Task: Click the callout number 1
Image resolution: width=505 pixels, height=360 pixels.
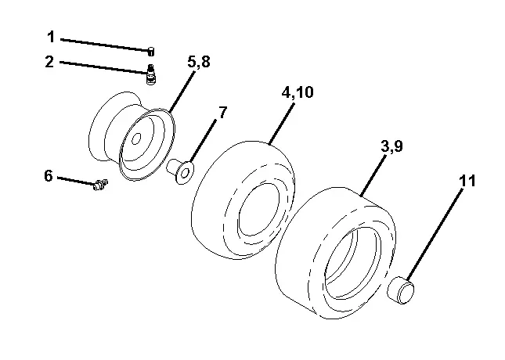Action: [51, 37]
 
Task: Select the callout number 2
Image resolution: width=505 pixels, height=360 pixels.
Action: [49, 61]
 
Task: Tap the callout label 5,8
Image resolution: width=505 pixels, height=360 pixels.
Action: [199, 62]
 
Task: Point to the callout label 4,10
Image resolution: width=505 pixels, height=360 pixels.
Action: [298, 92]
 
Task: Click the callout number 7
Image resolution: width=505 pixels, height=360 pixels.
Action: [222, 113]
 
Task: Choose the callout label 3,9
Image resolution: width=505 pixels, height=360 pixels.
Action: [391, 146]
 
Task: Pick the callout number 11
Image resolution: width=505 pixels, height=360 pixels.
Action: [467, 181]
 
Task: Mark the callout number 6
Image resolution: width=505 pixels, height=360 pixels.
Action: [49, 176]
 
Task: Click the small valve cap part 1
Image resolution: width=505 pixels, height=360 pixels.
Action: [151, 51]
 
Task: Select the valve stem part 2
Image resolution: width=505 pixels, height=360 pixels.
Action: [151, 74]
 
